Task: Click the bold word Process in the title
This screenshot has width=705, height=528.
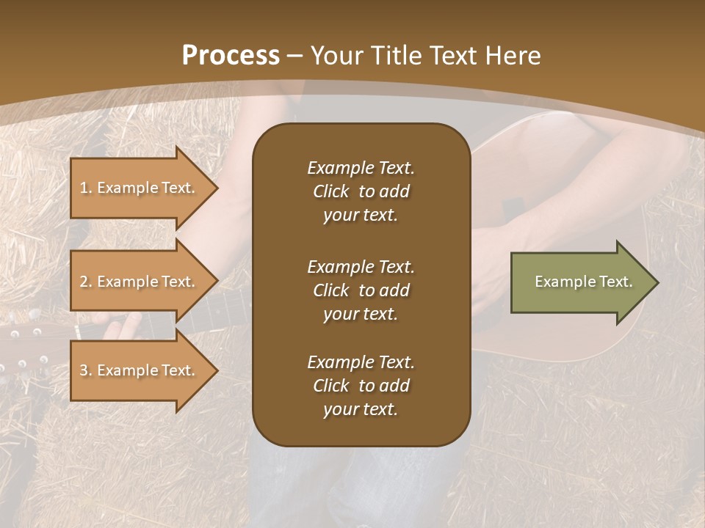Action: click(x=231, y=56)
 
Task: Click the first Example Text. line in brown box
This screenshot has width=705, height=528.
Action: click(x=361, y=168)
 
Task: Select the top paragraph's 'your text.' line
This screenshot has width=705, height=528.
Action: click(x=361, y=216)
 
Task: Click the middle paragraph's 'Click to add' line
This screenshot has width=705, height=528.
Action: click(x=361, y=290)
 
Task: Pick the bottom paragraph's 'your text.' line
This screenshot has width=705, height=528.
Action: click(x=361, y=410)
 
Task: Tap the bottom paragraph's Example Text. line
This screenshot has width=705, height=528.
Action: click(x=361, y=362)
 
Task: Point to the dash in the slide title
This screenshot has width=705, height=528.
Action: click(x=295, y=56)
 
